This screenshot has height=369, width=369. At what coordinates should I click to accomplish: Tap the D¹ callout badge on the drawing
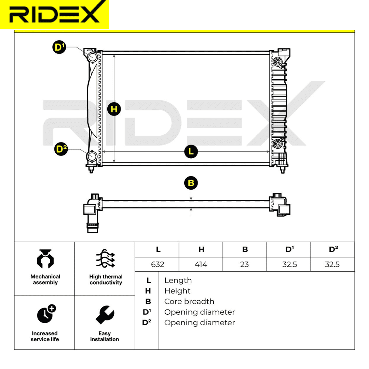click(59, 47)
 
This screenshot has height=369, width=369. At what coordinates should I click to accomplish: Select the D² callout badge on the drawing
click(61, 149)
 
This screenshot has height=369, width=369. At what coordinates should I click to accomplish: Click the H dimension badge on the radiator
click(114, 109)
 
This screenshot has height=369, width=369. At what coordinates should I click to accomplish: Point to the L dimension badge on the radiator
click(191, 151)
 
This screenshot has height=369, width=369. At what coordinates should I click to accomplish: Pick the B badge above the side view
click(191, 183)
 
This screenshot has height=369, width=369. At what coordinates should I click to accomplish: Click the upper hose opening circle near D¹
click(93, 57)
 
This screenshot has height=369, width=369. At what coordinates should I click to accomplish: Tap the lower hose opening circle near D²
click(92, 157)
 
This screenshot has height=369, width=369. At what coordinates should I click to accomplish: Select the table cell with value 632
click(158, 264)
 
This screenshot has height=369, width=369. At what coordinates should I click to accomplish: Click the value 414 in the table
click(201, 264)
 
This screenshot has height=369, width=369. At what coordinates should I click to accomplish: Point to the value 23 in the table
click(245, 264)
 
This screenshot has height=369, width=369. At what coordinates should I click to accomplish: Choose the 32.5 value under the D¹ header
click(289, 264)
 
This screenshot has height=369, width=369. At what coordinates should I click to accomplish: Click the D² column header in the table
click(333, 249)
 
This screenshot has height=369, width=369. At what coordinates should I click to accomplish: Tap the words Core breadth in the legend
click(189, 302)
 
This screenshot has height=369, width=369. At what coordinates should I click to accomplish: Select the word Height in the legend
click(177, 291)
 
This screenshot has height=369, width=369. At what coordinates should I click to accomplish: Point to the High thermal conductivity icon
click(106, 259)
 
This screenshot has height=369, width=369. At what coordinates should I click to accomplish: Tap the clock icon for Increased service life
click(45, 313)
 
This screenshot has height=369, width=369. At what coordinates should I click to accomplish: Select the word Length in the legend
click(178, 281)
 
